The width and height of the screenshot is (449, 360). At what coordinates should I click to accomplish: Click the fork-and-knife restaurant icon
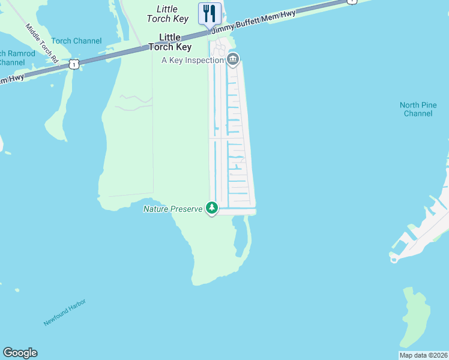[209, 13]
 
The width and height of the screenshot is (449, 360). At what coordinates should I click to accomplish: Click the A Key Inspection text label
[193, 60]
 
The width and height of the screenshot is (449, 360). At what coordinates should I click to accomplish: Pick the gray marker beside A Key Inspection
[233, 59]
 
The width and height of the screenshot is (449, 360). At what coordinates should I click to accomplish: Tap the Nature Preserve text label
[173, 209]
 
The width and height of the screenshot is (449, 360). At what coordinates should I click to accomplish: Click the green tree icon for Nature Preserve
[211, 208]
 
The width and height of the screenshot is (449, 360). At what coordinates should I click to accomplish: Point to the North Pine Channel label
[418, 109]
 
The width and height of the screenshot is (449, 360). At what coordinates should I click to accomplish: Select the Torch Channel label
[76, 41]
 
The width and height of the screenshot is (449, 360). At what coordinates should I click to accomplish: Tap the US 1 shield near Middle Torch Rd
[73, 63]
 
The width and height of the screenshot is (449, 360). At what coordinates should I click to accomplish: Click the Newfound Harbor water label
[65, 313]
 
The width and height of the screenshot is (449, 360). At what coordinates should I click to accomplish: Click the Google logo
[20, 353]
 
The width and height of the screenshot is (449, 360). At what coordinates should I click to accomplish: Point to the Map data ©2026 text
[424, 355]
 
